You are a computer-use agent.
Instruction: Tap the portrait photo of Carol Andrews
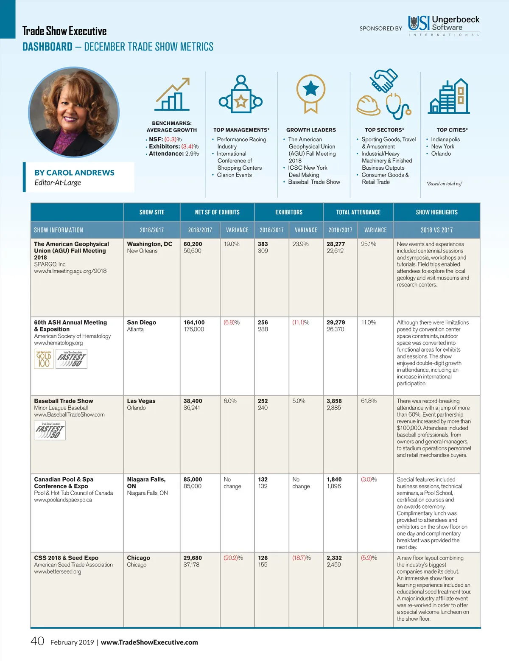pyautogui.click(x=74, y=112)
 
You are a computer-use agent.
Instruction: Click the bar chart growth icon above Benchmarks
pyautogui.click(x=172, y=95)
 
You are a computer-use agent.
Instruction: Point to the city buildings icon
pyautogui.click(x=449, y=96)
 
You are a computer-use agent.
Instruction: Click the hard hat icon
pyautogui.click(x=368, y=105)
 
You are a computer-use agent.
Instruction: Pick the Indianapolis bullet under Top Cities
pyautogui.click(x=445, y=139)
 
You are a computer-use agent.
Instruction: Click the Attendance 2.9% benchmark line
pyautogui.click(x=173, y=154)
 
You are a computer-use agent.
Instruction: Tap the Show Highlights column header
pyautogui.click(x=436, y=212)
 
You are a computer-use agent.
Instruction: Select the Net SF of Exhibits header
pyautogui.click(x=217, y=212)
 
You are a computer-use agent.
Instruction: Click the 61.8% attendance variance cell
pyautogui.click(x=369, y=401)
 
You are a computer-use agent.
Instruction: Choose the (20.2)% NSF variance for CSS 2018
pyautogui.click(x=233, y=558)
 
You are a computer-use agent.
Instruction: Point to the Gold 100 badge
pyautogui.click(x=44, y=359)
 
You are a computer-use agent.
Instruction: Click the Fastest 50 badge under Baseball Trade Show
pyautogui.click(x=50, y=431)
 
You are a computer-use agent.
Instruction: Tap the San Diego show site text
pyautogui.click(x=141, y=322)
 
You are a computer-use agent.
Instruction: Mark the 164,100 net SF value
pyautogui.click(x=194, y=322)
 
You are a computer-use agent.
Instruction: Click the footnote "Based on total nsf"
pyautogui.click(x=444, y=184)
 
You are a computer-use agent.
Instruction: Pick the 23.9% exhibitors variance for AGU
pyautogui.click(x=300, y=244)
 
